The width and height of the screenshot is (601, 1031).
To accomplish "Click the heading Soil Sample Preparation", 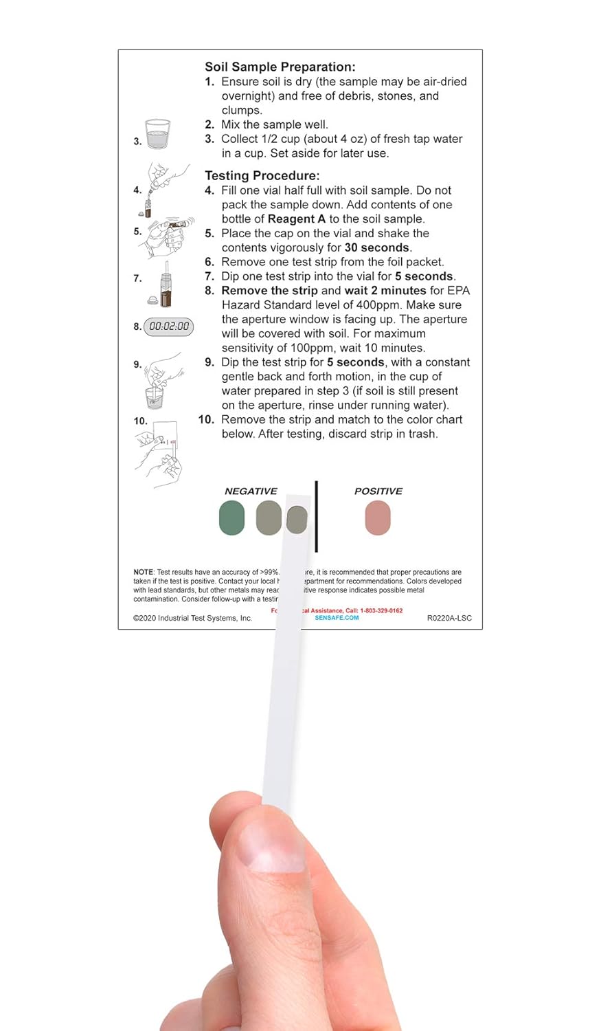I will coord(280,67).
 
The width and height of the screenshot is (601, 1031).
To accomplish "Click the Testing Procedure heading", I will coord(262,175).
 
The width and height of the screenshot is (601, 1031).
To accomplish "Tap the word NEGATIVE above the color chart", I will coord(251,491).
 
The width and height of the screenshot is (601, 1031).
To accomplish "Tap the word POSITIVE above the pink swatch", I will coord(378,491).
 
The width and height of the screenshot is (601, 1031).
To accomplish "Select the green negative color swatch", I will coord(231,518).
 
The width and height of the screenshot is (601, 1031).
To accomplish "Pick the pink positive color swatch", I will coord(378,518).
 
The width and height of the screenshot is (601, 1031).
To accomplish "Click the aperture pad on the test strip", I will coord(296,520).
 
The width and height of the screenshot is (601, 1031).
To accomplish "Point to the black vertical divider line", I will coord(316,515).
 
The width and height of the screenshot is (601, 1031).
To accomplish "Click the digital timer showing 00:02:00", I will coord(169,326).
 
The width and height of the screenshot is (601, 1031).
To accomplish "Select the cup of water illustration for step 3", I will coord(158,135).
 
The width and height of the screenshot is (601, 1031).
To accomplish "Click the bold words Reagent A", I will coord(296,219).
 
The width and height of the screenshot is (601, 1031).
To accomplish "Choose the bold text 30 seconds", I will coord(376,247).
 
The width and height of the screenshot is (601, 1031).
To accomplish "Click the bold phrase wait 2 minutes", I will coord(392,291).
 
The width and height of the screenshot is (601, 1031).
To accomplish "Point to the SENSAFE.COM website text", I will coord(337,618).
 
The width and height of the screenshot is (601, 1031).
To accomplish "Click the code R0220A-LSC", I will coord(449,618).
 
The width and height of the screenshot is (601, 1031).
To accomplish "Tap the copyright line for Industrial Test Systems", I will coord(193,618).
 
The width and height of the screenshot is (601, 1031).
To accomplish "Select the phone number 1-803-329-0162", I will coord(381,610).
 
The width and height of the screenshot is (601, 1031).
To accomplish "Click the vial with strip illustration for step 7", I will coord(165,285).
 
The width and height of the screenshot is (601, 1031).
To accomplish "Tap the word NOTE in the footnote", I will coord(143,572).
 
